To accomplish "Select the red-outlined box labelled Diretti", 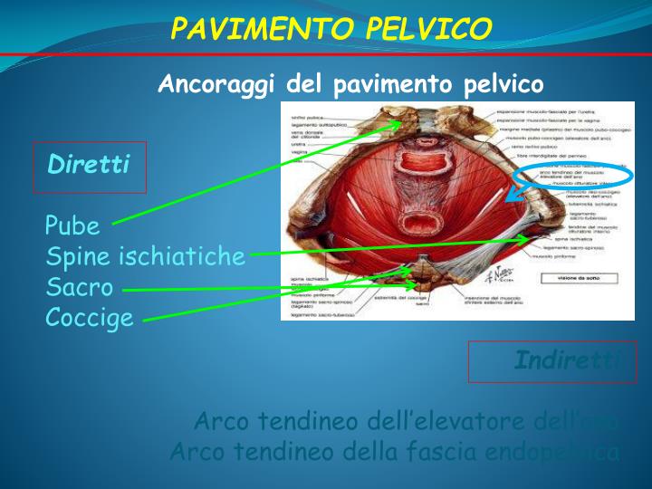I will coord(90,167).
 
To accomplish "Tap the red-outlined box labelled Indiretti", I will coord(552,361).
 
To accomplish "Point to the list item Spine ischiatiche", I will coord(146,256).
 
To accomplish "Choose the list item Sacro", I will coord(80,288).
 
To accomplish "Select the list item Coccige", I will coord(90,319).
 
